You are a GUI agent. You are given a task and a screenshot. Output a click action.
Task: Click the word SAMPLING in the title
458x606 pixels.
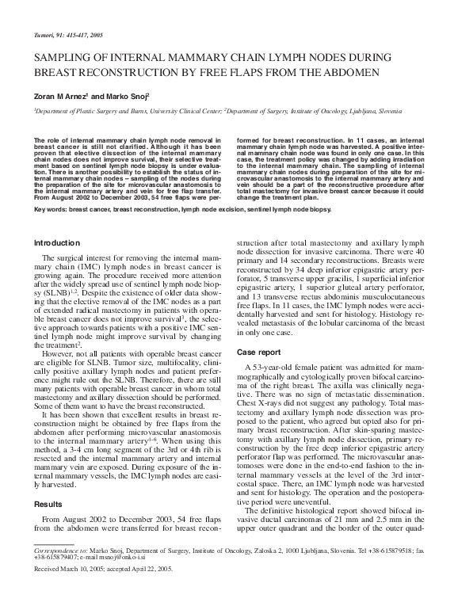pyautogui.click(x=63, y=57)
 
